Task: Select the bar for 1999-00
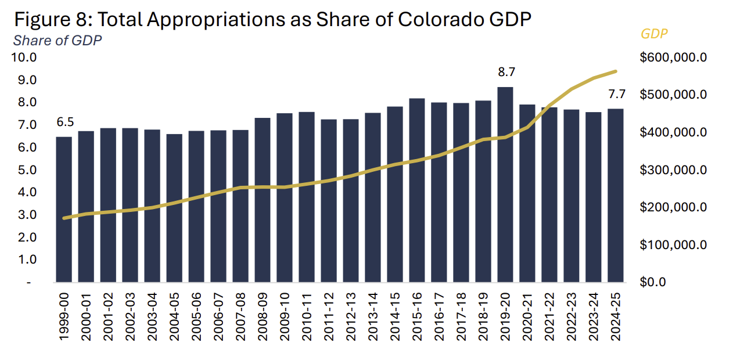(64, 210)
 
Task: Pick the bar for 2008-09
(263, 200)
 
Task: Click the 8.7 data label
(506, 73)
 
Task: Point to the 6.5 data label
(64, 123)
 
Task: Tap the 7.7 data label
(616, 94)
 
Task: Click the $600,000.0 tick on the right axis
(673, 57)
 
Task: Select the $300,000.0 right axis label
(673, 170)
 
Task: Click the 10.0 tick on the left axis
(24, 57)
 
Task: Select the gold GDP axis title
(654, 34)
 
